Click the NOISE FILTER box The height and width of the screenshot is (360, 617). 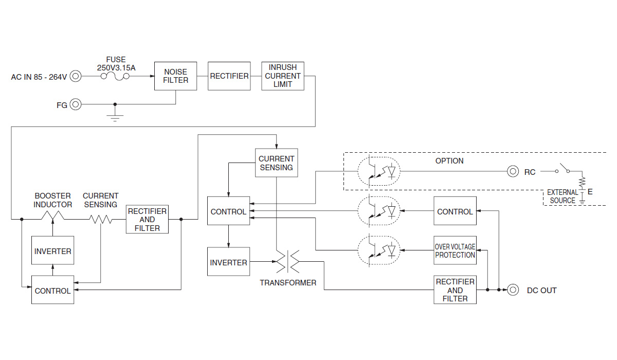click(175, 76)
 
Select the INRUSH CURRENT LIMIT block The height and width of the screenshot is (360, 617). click(282, 76)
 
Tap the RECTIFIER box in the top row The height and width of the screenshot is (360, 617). click(229, 76)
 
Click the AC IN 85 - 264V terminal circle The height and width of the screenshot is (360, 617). click(76, 77)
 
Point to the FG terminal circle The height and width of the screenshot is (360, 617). click(76, 105)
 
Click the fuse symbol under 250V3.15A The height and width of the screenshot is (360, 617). click(115, 77)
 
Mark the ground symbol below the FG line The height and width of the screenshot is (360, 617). click(115, 117)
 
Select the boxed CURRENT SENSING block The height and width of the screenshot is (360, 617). click(276, 163)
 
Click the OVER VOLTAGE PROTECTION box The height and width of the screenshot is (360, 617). click(455, 250)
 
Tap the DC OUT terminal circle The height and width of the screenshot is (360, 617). click(513, 290)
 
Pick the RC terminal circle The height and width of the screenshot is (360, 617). click(513, 172)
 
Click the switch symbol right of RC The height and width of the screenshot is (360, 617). click(564, 170)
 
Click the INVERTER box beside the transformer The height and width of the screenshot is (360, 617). click(228, 262)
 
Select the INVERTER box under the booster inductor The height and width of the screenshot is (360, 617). click(52, 251)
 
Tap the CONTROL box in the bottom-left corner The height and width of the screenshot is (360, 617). click(52, 291)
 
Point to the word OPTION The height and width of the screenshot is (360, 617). click(449, 161)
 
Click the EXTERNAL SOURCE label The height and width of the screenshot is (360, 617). click(562, 196)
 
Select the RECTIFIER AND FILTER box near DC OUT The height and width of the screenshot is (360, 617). click(455, 290)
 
